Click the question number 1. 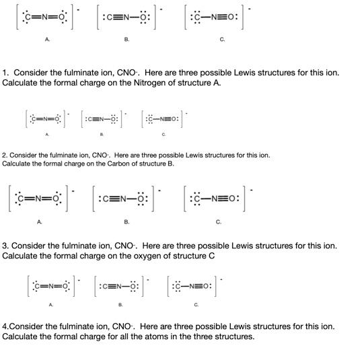tap(5, 72)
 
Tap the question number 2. tap(4, 155)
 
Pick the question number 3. tap(5, 246)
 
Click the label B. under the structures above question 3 tap(126, 221)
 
